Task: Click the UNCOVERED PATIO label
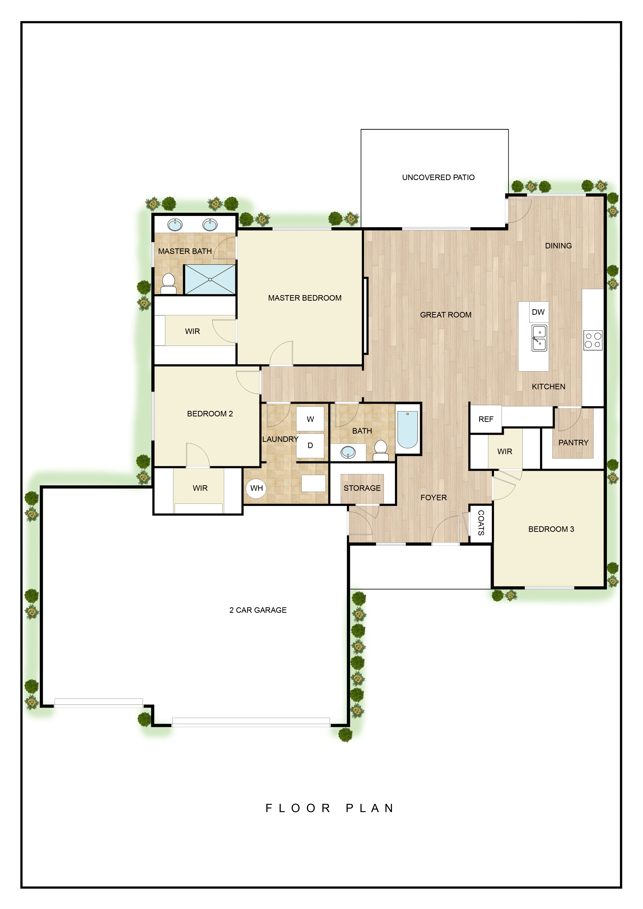coord(438,177)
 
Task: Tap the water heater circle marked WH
coord(256,488)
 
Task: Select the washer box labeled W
coord(310,419)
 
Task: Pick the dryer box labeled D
coord(310,445)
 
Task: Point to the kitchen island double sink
coord(539,338)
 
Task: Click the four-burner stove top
coord(593,340)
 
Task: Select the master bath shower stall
coord(210,280)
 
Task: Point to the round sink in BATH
coord(348,452)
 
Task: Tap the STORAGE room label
coord(362,488)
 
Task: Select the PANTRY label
coord(573,443)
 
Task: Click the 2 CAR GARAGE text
coord(258,610)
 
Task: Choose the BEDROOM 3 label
coord(551,529)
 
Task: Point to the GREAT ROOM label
coord(446,315)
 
